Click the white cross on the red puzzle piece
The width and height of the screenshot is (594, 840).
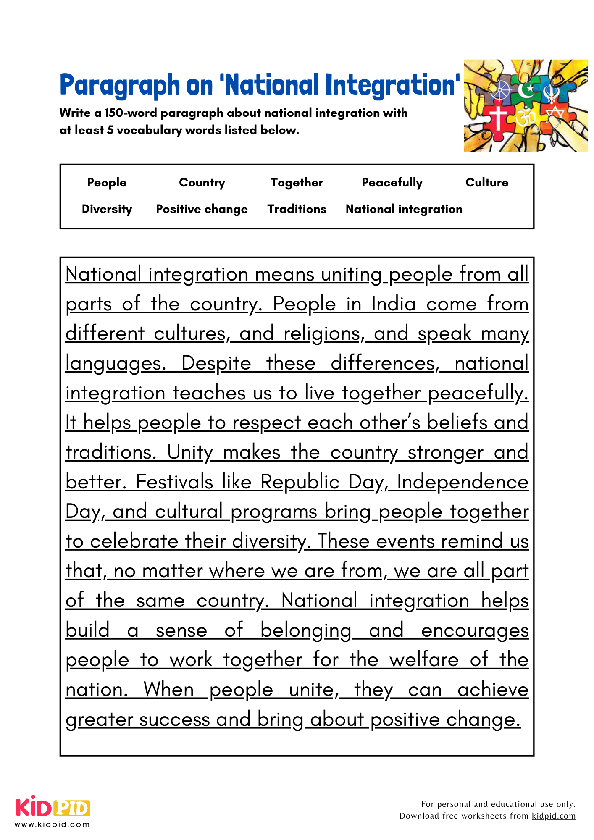(498, 118)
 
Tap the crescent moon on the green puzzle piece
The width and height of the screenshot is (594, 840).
(525, 90)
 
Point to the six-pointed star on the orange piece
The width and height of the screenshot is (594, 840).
(555, 113)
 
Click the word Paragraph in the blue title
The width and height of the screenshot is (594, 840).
(120, 85)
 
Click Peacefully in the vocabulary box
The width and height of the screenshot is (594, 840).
(392, 183)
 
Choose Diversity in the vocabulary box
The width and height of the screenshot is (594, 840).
(107, 209)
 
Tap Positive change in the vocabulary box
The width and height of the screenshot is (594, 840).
(202, 209)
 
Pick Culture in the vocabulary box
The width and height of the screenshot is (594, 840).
(486, 183)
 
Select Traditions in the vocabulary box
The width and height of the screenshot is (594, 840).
(297, 209)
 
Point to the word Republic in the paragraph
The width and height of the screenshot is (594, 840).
(300, 482)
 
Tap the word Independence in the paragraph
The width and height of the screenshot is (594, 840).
(462, 482)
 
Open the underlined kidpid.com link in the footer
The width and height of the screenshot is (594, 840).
(553, 816)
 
